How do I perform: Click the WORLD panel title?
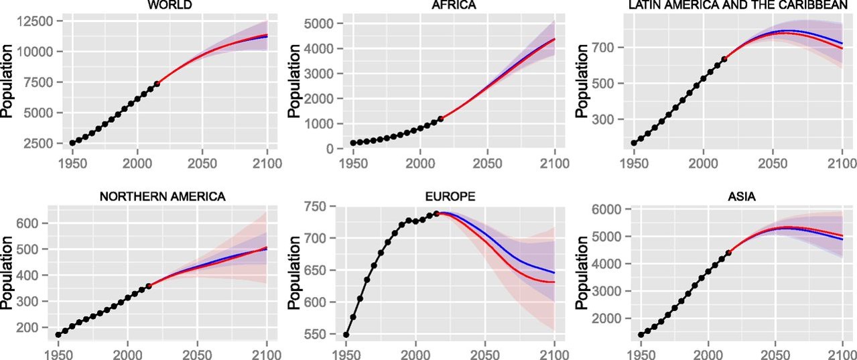170,6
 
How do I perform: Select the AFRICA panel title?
451,6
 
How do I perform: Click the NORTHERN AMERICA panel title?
162,196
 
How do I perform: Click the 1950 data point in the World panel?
72,143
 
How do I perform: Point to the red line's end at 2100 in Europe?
555,282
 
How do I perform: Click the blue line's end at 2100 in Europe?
555,273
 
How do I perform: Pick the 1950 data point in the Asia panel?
641,335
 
